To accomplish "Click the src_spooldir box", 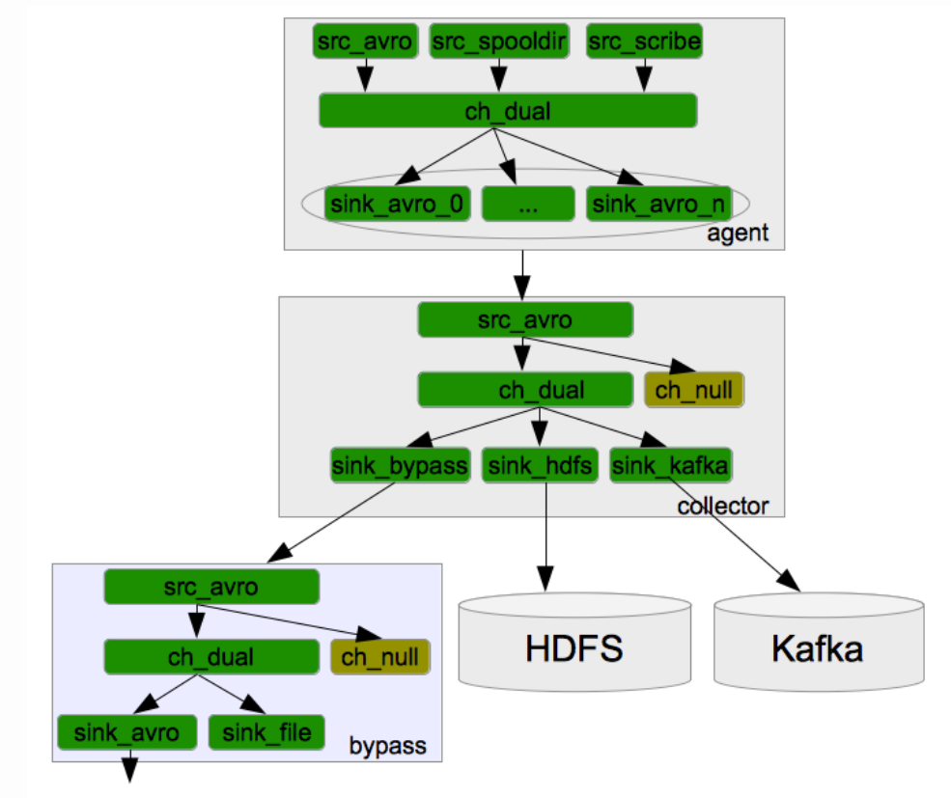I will pyautogui.click(x=498, y=41).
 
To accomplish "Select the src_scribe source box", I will pyautogui.click(x=644, y=41).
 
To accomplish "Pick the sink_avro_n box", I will pyautogui.click(x=657, y=204).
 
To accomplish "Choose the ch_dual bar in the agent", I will pyautogui.click(x=508, y=111).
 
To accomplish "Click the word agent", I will pyautogui.click(x=738, y=233).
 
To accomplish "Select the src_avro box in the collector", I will pyautogui.click(x=524, y=319).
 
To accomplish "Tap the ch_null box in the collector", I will pyautogui.click(x=694, y=391).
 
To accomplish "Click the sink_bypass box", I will pyautogui.click(x=400, y=466).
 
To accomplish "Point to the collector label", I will pyautogui.click(x=723, y=506).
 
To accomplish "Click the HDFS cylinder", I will pyautogui.click(x=574, y=647).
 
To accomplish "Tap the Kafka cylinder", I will pyautogui.click(x=818, y=647).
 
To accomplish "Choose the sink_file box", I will pyautogui.click(x=267, y=732).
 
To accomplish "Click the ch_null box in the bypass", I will pyautogui.click(x=379, y=657).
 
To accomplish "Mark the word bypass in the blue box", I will pyautogui.click(x=387, y=746).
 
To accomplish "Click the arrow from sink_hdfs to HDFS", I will pyautogui.click(x=547, y=536).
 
